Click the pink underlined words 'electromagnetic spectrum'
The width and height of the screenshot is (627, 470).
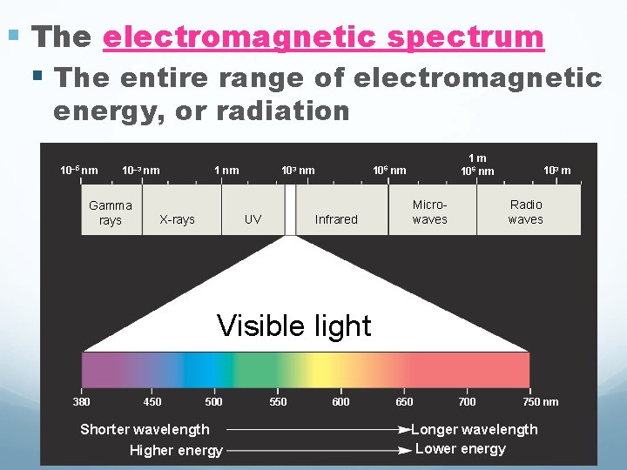pyautogui.click(x=323, y=37)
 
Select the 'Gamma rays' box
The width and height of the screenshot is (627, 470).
pyautogui.click(x=111, y=212)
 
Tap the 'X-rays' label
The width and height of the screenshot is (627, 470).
pyautogui.click(x=177, y=219)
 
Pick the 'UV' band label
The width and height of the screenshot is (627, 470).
pyautogui.click(x=253, y=219)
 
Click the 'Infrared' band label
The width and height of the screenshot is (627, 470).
pyautogui.click(x=336, y=219)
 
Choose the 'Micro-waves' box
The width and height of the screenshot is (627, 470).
pyautogui.click(x=429, y=211)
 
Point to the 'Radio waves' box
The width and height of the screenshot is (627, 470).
pyautogui.click(x=526, y=211)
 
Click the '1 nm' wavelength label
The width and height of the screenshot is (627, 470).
pyautogui.click(x=226, y=170)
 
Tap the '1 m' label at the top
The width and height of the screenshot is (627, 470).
pyautogui.click(x=477, y=158)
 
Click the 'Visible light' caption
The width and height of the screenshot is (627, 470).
pyautogui.click(x=293, y=326)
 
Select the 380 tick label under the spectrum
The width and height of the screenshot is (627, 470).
pyautogui.click(x=81, y=401)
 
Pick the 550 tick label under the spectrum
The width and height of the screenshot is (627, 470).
pyautogui.click(x=278, y=401)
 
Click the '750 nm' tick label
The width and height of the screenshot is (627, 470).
pyautogui.click(x=540, y=401)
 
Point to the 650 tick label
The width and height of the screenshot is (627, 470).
pyautogui.click(x=404, y=401)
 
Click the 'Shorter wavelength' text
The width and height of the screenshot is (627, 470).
pyautogui.click(x=145, y=428)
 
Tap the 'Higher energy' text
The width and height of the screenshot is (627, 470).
pyautogui.click(x=176, y=450)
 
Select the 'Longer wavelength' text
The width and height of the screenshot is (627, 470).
pyautogui.click(x=475, y=429)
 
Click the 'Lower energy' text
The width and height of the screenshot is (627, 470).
pyautogui.click(x=461, y=449)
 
